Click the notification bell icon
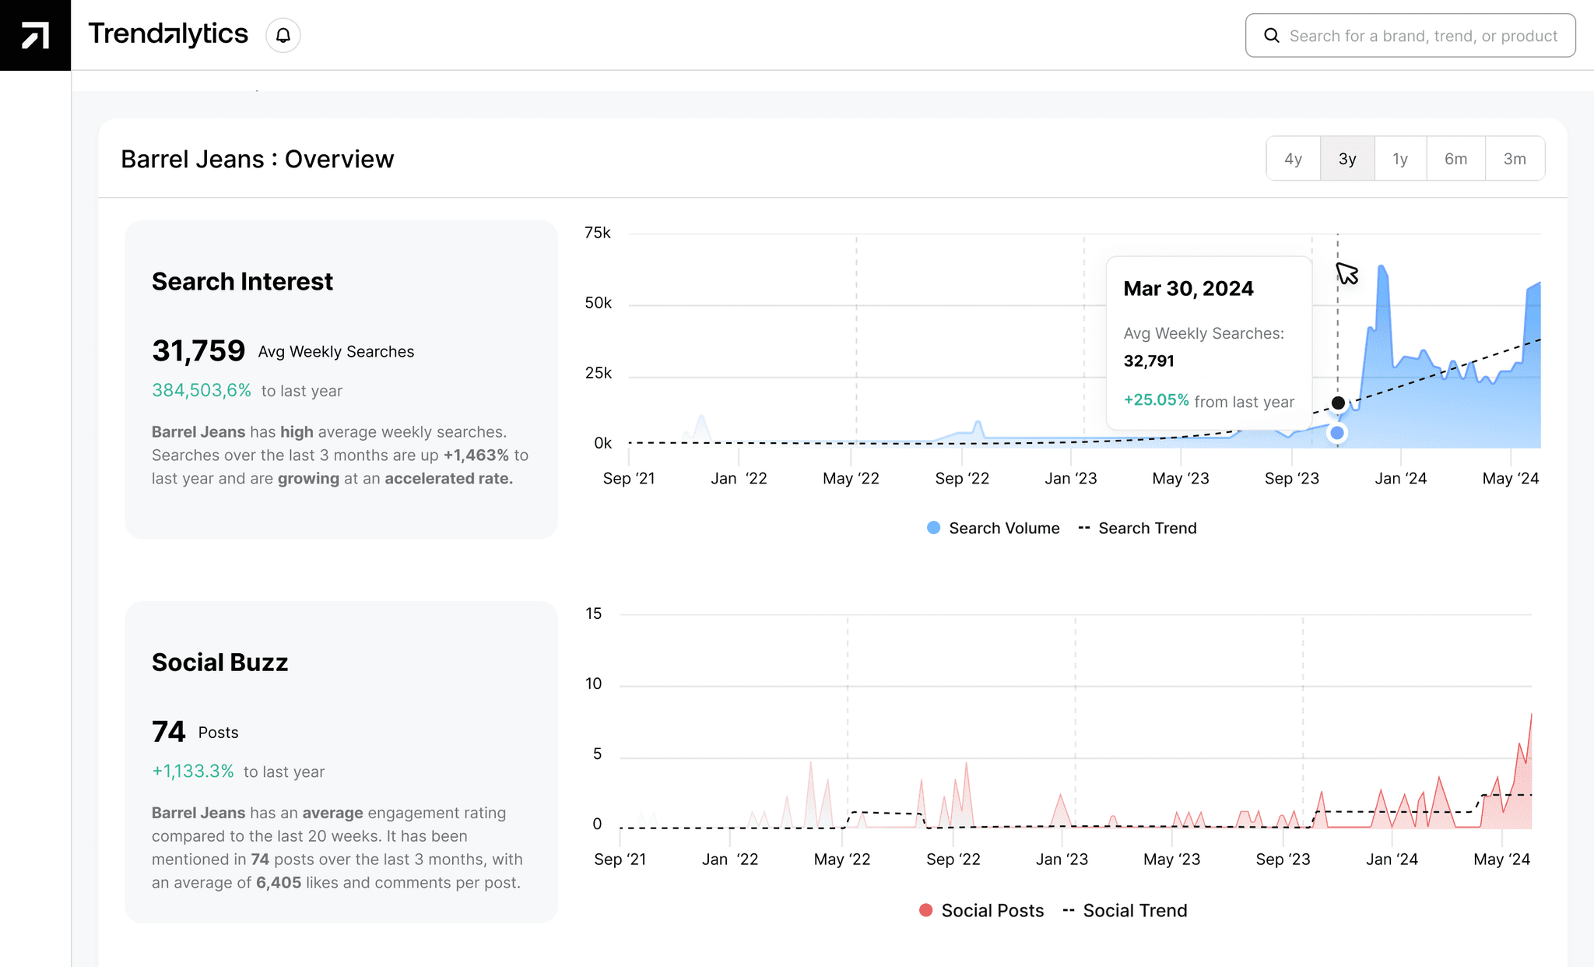pyautogui.click(x=283, y=35)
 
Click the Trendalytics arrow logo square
pyautogui.click(x=35, y=35)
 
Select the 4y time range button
pyautogui.click(x=1293, y=159)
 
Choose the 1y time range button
pyautogui.click(x=1400, y=159)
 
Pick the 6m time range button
pyautogui.click(x=1455, y=159)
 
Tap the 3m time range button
pyautogui.click(x=1515, y=159)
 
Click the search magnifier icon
pyautogui.click(x=1272, y=36)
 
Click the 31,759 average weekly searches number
pyautogui.click(x=198, y=351)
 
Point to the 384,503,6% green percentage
pyautogui.click(x=202, y=390)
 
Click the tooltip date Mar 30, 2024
pyautogui.click(x=1188, y=289)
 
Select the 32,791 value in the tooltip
pyautogui.click(x=1149, y=360)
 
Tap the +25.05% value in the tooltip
pyautogui.click(x=1157, y=400)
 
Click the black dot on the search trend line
pyautogui.click(x=1338, y=403)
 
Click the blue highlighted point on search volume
pyautogui.click(x=1337, y=433)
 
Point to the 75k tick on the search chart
pyautogui.click(x=598, y=233)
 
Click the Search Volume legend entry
pyautogui.click(x=994, y=528)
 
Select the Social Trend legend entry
pyautogui.click(x=1125, y=910)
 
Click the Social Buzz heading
pyautogui.click(x=219, y=662)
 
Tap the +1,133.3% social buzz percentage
pyautogui.click(x=193, y=771)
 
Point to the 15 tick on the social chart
pyautogui.click(x=594, y=614)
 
